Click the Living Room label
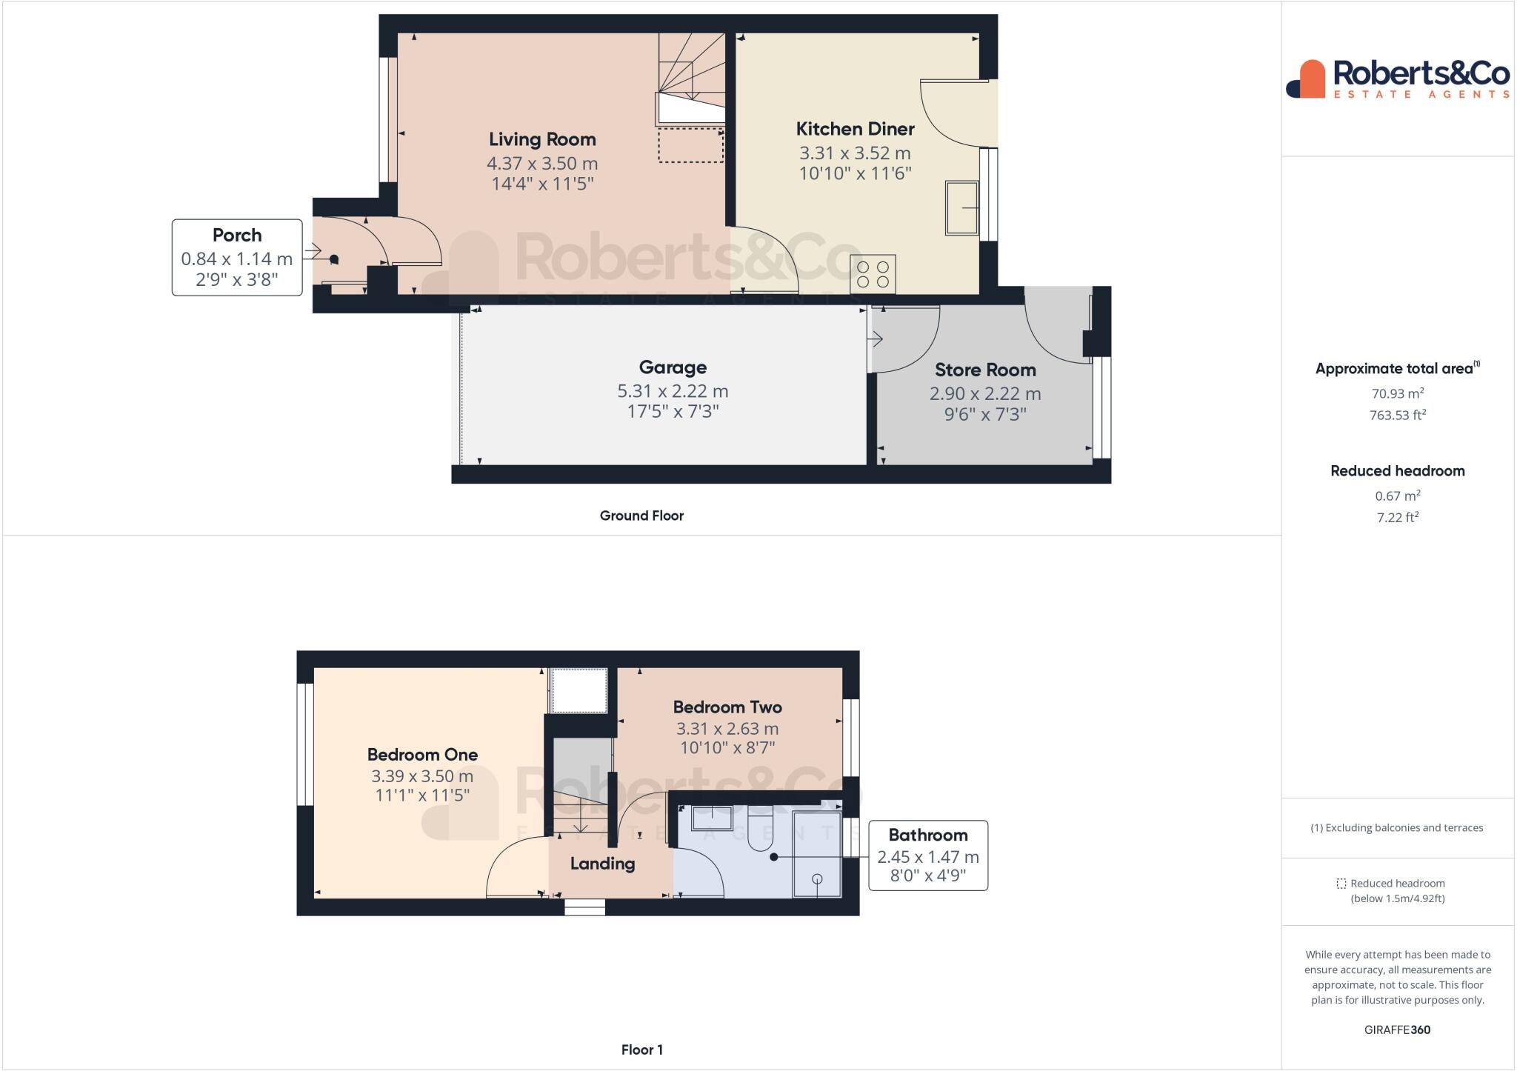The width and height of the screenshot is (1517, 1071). (x=542, y=139)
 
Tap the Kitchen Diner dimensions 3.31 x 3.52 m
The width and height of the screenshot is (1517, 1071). (x=855, y=153)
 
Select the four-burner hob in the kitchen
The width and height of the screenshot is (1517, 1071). (x=873, y=274)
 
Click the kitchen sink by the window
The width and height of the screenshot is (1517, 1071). (x=961, y=208)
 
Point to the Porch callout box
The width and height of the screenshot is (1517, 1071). (x=237, y=257)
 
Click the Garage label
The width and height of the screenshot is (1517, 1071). (x=673, y=367)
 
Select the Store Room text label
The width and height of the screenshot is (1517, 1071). (x=985, y=370)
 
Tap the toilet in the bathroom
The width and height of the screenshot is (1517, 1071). (x=761, y=830)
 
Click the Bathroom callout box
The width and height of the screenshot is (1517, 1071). (x=927, y=855)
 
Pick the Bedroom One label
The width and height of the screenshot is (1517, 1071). (x=422, y=755)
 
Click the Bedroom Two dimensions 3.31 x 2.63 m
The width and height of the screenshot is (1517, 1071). (x=727, y=729)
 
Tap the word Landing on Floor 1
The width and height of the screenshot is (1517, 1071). (x=602, y=864)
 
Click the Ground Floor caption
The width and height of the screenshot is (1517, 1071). (x=641, y=516)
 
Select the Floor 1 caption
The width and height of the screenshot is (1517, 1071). (x=641, y=1050)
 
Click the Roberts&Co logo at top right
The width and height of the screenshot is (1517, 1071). (x=1398, y=79)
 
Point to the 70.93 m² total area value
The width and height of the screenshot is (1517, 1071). (x=1397, y=394)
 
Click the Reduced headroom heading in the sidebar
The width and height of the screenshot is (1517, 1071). (x=1397, y=471)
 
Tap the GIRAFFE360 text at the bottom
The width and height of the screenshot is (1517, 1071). (x=1397, y=1030)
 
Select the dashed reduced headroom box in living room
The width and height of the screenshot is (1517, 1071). (x=690, y=145)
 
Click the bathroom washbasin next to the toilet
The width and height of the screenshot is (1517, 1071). (x=712, y=818)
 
